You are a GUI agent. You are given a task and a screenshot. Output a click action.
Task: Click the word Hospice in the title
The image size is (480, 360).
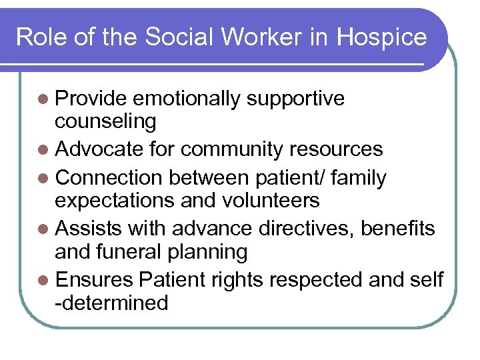point(382,37)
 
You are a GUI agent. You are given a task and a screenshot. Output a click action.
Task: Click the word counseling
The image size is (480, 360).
point(106,121)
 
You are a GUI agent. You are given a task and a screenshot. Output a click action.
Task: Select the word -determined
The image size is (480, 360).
point(111,303)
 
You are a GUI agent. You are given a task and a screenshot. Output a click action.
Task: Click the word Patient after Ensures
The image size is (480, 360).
point(173,280)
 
